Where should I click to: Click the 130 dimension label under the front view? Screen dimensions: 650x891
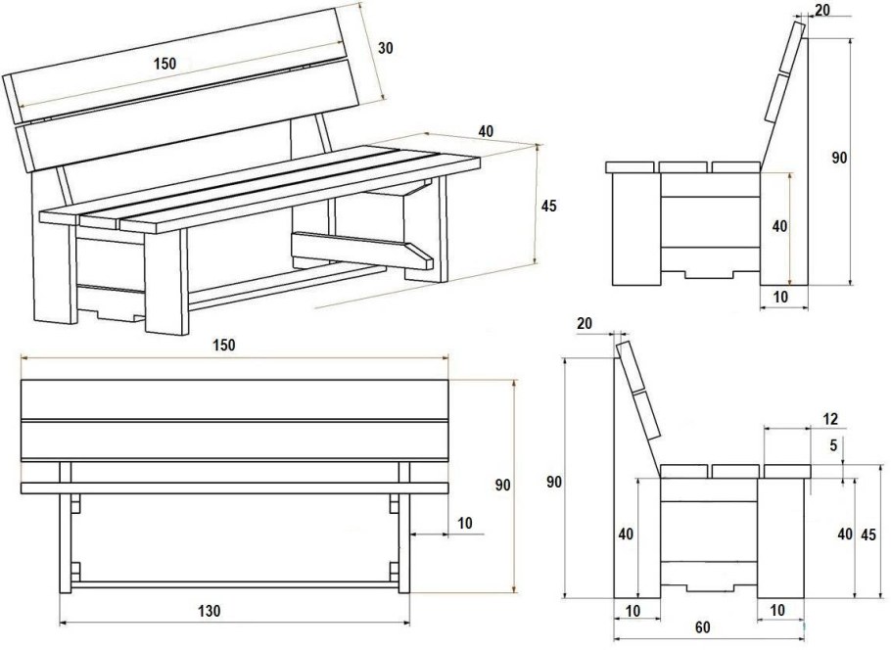[x=208, y=610]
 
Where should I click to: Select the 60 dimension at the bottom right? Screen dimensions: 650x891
[x=702, y=627]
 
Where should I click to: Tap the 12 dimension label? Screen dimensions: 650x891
[x=830, y=419]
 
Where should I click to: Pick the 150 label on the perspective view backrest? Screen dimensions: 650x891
[x=164, y=63]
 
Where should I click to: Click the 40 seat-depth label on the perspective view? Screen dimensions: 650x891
[x=486, y=131]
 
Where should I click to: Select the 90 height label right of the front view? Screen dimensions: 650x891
[x=503, y=485]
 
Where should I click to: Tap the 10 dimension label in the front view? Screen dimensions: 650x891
[x=464, y=524]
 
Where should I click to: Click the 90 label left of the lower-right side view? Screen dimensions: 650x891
[x=554, y=482]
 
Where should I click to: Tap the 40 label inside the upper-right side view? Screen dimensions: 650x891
[x=778, y=226]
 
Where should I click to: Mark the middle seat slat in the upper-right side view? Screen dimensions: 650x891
[x=683, y=166]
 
